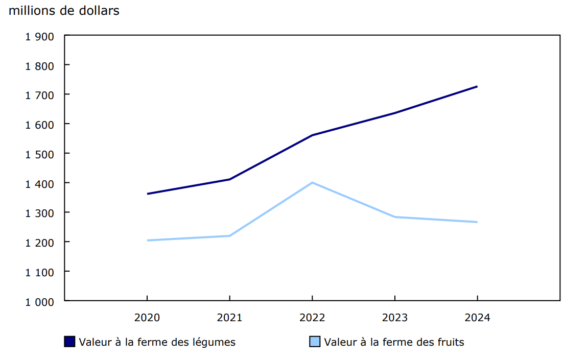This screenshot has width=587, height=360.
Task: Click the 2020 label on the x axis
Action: [147, 318]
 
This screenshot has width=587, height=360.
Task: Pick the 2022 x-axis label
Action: [312, 318]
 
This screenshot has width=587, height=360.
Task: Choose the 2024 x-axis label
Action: [477, 318]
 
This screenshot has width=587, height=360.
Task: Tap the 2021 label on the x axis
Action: [229, 318]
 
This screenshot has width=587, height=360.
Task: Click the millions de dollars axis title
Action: [64, 11]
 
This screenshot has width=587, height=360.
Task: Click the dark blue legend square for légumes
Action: [70, 342]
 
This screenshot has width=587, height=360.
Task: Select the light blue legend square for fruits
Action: [315, 342]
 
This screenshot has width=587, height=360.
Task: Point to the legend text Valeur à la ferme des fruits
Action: [394, 342]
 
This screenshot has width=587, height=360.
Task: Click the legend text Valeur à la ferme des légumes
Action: [157, 342]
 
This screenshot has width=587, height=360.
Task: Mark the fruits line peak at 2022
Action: [312, 183]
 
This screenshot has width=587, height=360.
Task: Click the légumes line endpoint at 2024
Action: [477, 86]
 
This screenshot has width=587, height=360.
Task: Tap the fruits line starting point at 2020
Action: [147, 241]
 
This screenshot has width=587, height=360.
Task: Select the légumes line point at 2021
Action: [229, 179]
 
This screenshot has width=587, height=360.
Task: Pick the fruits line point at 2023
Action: [395, 217]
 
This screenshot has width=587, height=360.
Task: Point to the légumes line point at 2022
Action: [312, 135]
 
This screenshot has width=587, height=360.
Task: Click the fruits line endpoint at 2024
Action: [477, 222]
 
